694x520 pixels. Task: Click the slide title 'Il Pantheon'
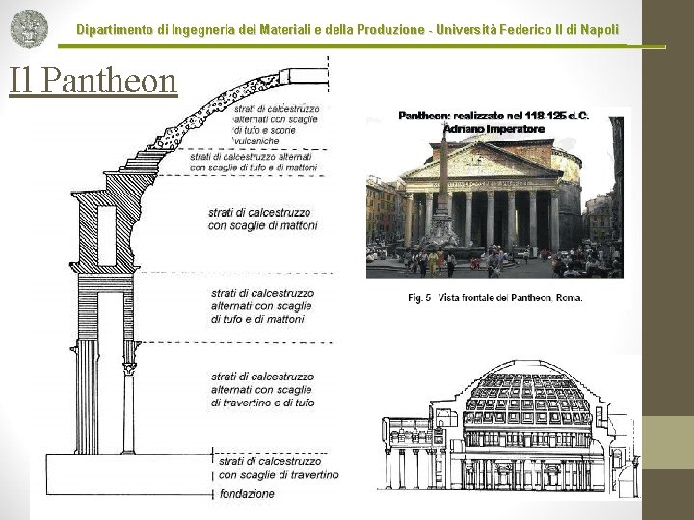tap(93, 81)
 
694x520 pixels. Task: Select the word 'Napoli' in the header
tap(597, 31)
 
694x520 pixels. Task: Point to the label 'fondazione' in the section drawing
tap(246, 494)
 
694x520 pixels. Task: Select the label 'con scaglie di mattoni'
tap(263, 225)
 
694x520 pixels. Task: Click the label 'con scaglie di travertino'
tap(279, 474)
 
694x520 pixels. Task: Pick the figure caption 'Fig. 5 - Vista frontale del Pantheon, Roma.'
tap(494, 298)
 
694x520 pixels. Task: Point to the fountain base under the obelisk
tap(444, 246)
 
